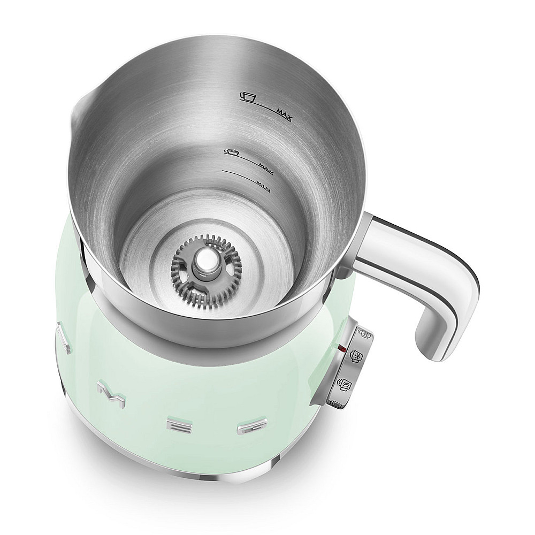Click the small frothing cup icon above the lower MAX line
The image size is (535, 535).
point(231,152)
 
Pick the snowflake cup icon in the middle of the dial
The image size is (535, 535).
point(353,357)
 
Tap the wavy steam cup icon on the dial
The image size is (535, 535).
point(344,384)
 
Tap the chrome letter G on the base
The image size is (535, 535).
point(250,428)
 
